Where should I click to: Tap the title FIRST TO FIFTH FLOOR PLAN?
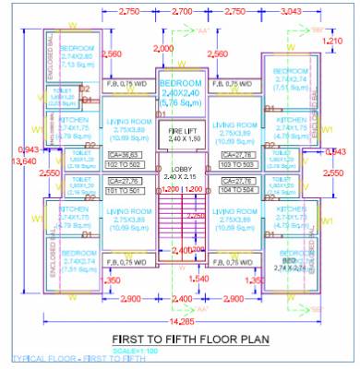[189, 338]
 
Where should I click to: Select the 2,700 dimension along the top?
[182, 11]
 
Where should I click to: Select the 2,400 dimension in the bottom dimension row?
[182, 299]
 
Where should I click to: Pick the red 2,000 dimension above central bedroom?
[163, 47]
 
